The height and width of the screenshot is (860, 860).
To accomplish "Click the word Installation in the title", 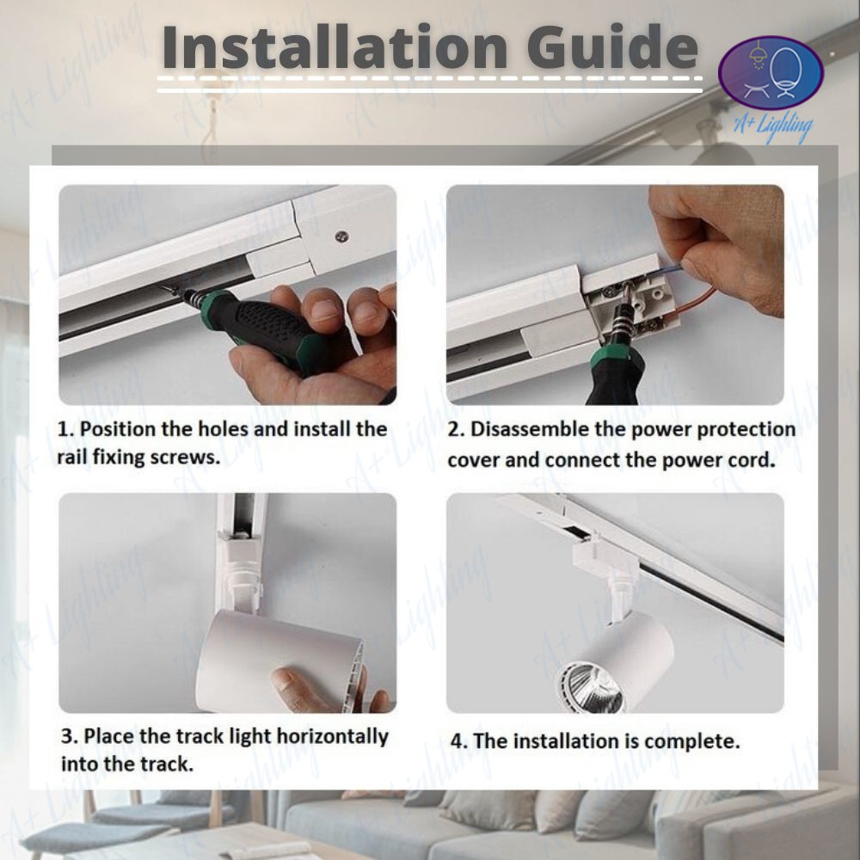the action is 335,46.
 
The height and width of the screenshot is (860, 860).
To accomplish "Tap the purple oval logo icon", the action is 771,73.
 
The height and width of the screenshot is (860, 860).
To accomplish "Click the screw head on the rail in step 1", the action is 341,237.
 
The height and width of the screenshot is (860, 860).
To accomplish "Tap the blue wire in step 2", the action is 672,270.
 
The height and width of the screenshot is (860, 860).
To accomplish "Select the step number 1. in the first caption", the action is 65,429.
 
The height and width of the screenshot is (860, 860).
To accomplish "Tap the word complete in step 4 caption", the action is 691,742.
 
